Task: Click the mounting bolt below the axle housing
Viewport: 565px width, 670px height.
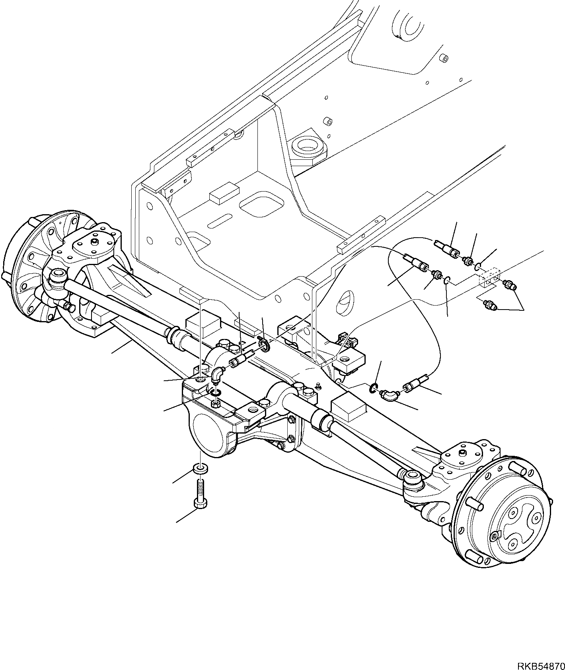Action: [x=200, y=493]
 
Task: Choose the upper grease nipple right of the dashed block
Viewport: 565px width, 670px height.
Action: [x=509, y=285]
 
